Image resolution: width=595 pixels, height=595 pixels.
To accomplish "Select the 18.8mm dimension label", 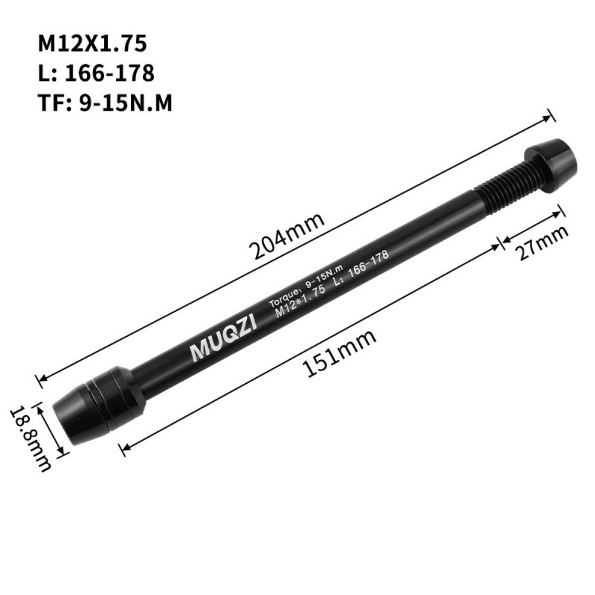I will click(x=29, y=437).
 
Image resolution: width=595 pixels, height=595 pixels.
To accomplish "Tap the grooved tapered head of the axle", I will click(x=98, y=401).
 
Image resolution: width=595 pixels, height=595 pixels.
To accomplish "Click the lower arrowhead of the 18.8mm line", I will click(x=62, y=453).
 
